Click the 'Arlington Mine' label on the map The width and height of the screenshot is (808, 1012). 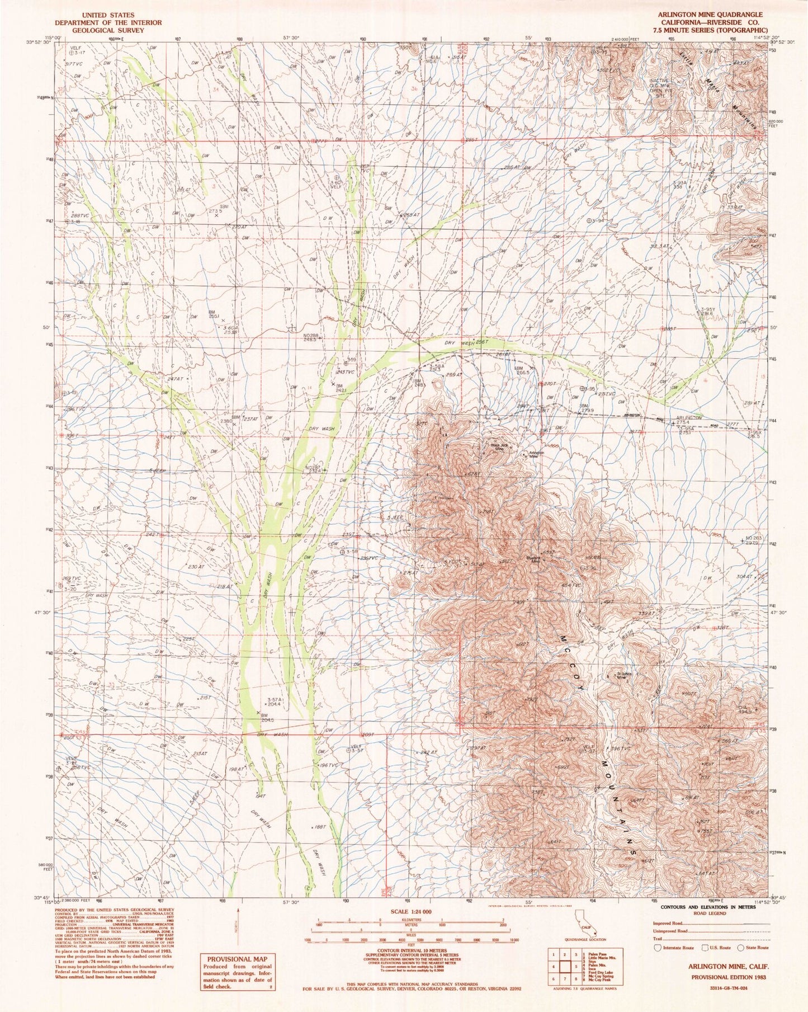point(536,454)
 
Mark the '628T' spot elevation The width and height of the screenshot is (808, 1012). point(474,474)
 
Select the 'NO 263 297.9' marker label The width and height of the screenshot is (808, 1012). point(756,540)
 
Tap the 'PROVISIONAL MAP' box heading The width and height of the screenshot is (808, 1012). point(237,957)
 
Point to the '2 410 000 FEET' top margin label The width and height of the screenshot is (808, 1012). point(625,39)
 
